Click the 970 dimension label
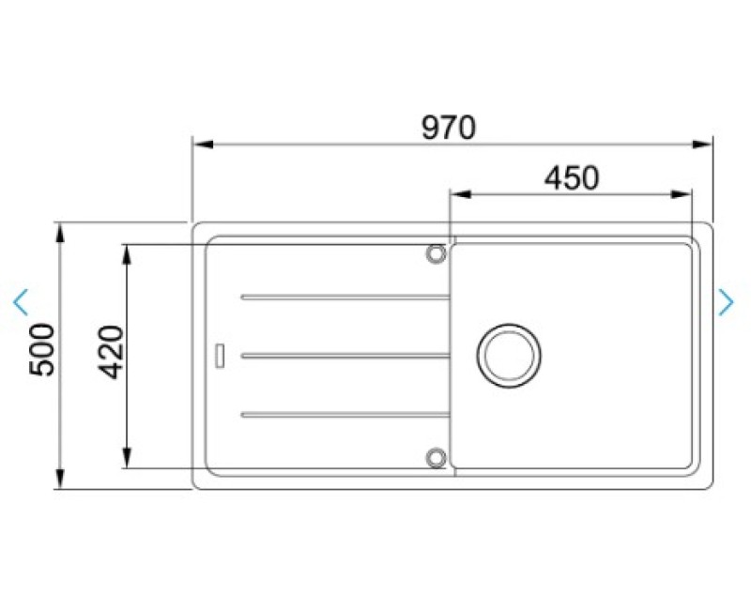coord(449,128)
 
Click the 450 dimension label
coord(572,178)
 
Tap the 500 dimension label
coord(42,349)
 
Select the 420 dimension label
coord(111,352)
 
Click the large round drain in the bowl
coord(509,355)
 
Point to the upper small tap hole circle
coord(436,253)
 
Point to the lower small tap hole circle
coord(436,457)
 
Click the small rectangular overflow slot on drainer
coord(220,356)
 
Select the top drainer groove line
coord(345,297)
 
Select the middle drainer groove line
coord(345,356)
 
